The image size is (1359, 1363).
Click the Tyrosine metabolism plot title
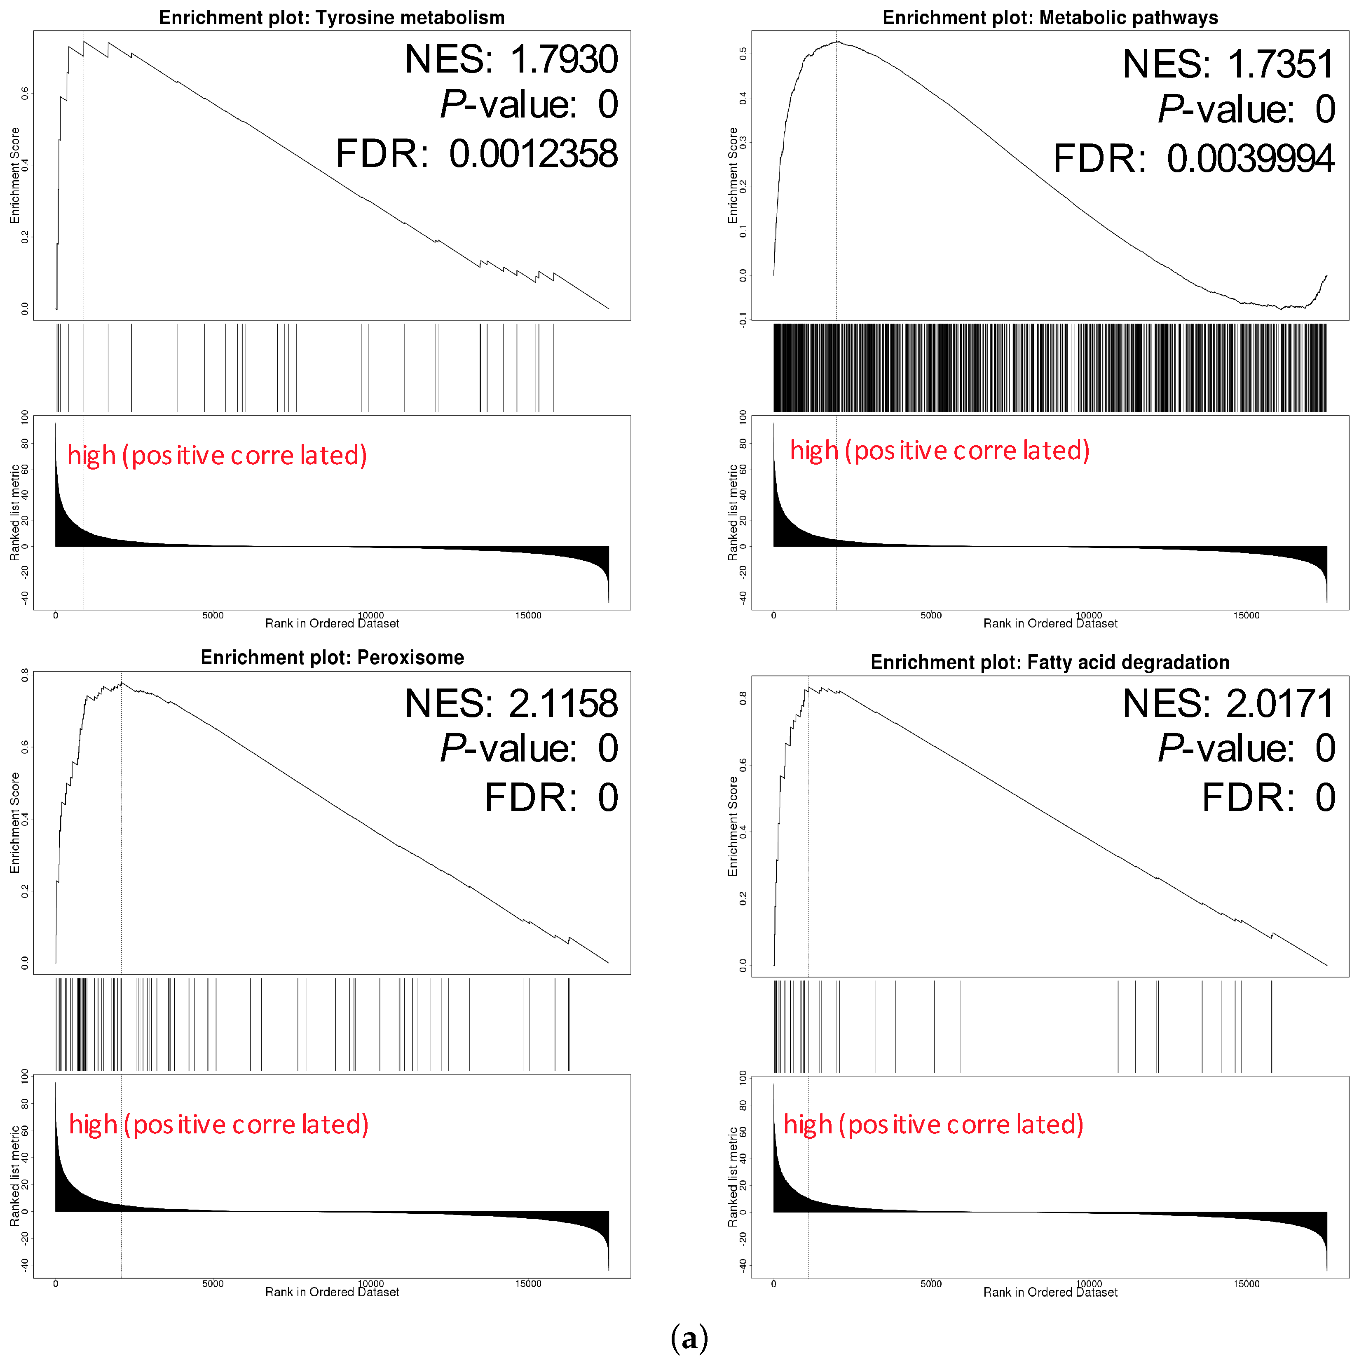[x=331, y=18]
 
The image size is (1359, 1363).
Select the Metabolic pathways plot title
[x=1050, y=18]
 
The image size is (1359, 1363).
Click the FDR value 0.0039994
[x=1250, y=159]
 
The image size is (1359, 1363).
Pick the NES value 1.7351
[x=1279, y=64]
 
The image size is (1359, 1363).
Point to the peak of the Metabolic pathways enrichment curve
[x=836, y=42]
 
